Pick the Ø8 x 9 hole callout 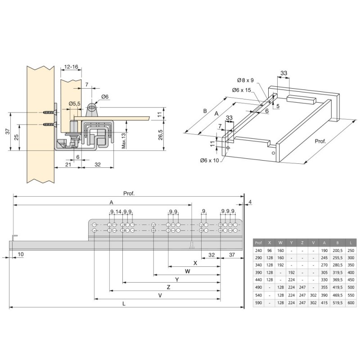[246, 81]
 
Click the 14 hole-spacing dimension [118, 212]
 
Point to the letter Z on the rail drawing [168, 286]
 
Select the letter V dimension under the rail [160, 295]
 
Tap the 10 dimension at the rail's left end [21, 254]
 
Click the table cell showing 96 [269, 250]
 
